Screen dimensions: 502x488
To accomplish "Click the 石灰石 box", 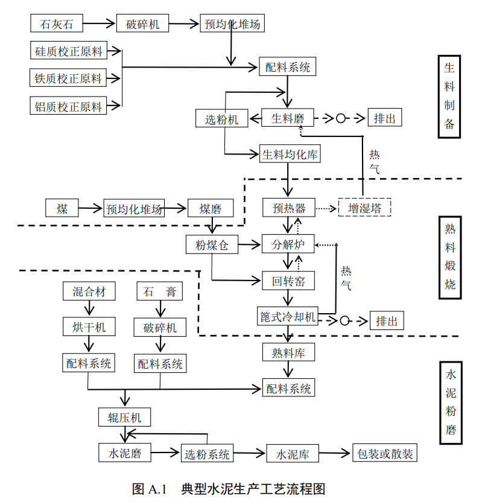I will [x=57, y=25].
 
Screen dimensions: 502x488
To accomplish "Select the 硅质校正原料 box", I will [x=68, y=51].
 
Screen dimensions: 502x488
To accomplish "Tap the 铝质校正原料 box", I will [x=68, y=107].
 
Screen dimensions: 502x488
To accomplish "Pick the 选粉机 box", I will [x=221, y=119].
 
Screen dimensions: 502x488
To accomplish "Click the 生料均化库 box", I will [x=290, y=154].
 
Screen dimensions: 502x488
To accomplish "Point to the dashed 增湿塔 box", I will [x=364, y=209].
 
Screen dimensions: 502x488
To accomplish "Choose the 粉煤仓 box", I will [x=211, y=245].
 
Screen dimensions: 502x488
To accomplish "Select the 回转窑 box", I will [x=288, y=281].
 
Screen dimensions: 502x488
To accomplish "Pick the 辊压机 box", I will [x=124, y=417].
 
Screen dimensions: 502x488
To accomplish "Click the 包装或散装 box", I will [x=385, y=454].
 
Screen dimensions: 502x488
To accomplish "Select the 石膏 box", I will [x=160, y=291].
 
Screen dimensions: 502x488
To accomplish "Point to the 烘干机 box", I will [x=89, y=327].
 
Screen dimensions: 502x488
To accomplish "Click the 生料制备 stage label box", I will [x=449, y=97].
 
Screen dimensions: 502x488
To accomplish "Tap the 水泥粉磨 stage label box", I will [x=449, y=402].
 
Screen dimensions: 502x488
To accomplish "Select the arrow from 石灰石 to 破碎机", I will [x=99, y=25].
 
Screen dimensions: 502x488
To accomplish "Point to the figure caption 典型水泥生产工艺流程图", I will [x=253, y=488].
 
